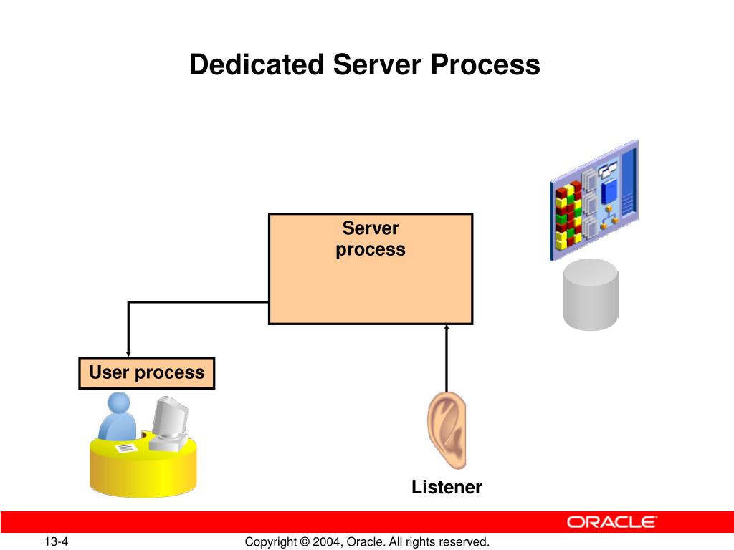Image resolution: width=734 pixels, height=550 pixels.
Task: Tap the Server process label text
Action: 371,239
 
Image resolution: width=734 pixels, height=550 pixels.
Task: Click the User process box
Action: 146,372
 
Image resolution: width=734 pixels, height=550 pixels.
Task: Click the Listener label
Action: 447,488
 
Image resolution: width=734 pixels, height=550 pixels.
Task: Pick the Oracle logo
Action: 612,522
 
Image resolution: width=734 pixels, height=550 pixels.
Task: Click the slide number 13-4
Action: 55,542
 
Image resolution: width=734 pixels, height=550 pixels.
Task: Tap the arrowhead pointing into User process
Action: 128,352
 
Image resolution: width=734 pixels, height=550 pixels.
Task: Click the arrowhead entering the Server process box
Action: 447,328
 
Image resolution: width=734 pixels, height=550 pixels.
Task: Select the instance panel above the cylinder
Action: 594,198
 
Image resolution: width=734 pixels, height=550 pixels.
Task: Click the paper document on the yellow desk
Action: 126,448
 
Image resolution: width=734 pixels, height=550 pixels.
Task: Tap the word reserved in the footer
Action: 465,542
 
